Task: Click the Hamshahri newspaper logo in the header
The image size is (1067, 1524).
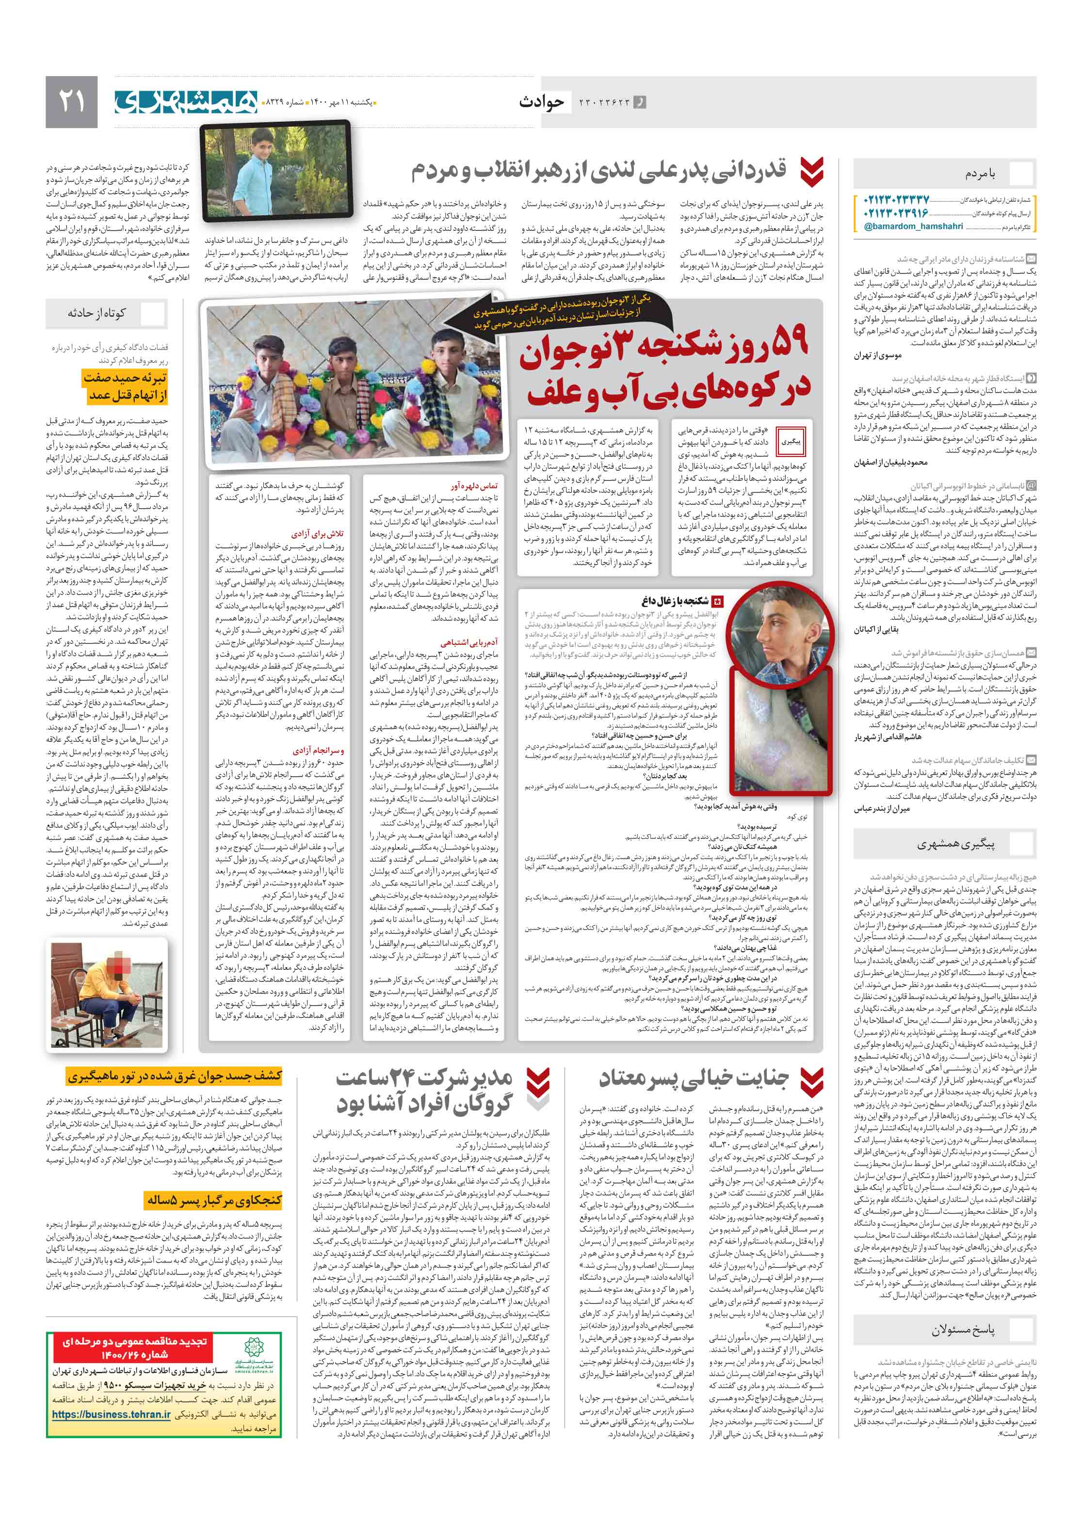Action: coord(185,101)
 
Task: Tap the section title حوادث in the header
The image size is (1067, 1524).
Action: coord(541,101)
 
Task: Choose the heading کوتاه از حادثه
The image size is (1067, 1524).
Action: coord(97,313)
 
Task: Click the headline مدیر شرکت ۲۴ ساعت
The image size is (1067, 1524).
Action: coord(424,1091)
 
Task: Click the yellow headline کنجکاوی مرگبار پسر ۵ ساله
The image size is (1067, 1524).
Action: coord(214,1201)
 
